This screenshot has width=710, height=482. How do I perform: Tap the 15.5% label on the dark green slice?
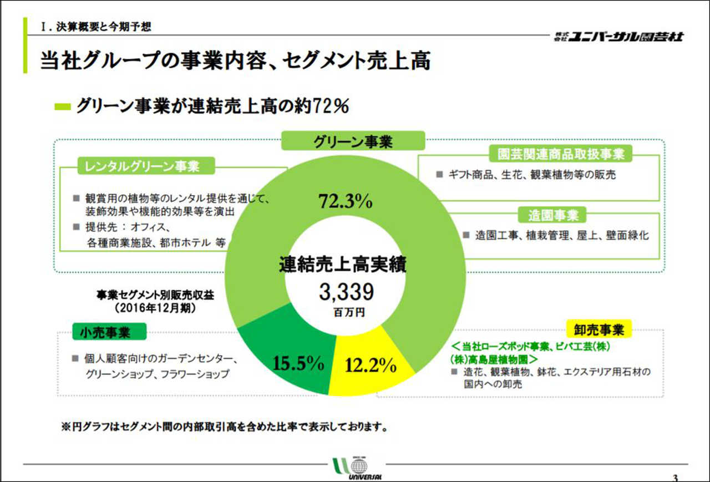click(298, 363)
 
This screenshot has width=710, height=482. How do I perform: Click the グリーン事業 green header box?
click(353, 141)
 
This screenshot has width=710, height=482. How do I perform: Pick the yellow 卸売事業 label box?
click(599, 330)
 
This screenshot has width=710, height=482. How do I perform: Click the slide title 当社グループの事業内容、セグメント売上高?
click(235, 60)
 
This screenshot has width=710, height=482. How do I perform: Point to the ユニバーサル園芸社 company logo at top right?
click(618, 37)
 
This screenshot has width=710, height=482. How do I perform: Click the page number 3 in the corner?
click(674, 477)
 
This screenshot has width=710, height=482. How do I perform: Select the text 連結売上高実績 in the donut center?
click(342, 264)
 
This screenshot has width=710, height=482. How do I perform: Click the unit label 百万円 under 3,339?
click(349, 313)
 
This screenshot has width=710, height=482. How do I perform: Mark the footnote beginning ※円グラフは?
click(223, 427)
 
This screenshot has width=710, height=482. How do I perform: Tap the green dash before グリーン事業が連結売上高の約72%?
click(63, 107)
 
